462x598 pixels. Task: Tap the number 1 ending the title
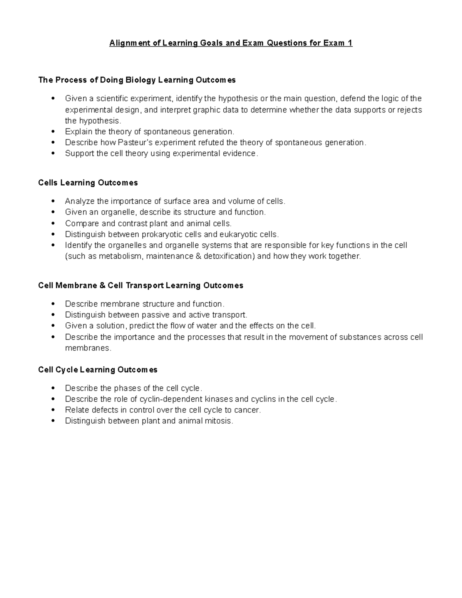pyautogui.click(x=350, y=43)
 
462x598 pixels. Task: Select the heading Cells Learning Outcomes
pyautogui.click(x=88, y=183)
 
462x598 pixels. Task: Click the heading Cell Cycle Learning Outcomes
pyautogui.click(x=98, y=370)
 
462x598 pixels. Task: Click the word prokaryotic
pyautogui.click(x=160, y=235)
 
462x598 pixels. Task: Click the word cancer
pyautogui.click(x=247, y=410)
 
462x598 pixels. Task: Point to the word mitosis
pyautogui.click(x=219, y=421)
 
